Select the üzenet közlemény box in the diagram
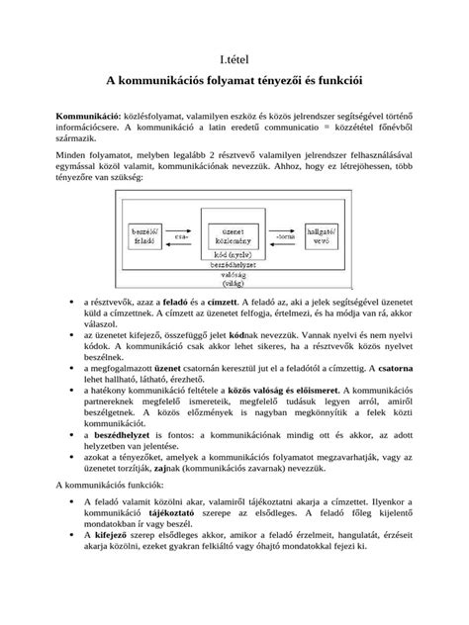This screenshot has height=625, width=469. coord(234,235)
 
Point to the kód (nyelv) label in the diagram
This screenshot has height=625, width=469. coord(234,256)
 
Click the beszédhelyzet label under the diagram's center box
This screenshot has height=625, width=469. coord(234,265)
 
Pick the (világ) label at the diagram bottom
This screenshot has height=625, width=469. coord(234,283)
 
